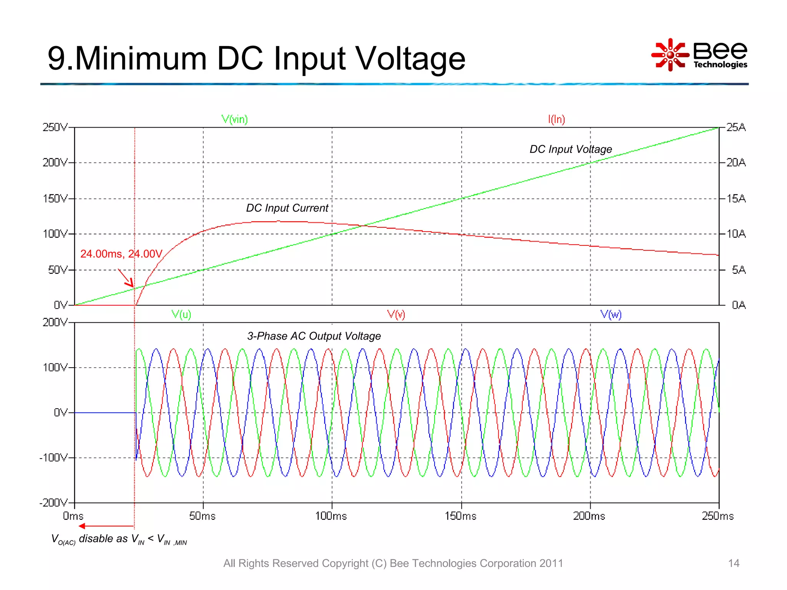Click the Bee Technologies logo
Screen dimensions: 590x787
point(699,55)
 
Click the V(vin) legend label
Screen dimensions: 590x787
point(234,119)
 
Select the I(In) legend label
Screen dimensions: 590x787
point(556,119)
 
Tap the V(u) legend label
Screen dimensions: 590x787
point(181,315)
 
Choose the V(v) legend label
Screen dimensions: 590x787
point(396,315)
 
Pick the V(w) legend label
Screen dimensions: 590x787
point(611,315)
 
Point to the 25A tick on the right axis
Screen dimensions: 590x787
point(736,127)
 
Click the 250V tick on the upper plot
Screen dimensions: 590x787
point(55,127)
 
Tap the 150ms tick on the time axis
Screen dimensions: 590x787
point(460,516)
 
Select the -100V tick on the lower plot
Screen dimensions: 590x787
point(53,457)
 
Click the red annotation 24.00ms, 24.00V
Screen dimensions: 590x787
point(121,254)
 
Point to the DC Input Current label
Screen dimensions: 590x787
point(287,208)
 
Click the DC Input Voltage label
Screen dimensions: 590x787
point(571,149)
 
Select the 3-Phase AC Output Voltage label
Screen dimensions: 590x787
point(314,336)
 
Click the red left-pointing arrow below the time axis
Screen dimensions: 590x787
point(106,526)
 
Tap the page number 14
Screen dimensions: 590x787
point(734,563)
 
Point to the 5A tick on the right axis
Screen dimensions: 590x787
point(739,270)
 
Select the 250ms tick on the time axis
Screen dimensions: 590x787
point(717,516)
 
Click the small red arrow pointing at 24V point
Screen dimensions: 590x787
point(126,278)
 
